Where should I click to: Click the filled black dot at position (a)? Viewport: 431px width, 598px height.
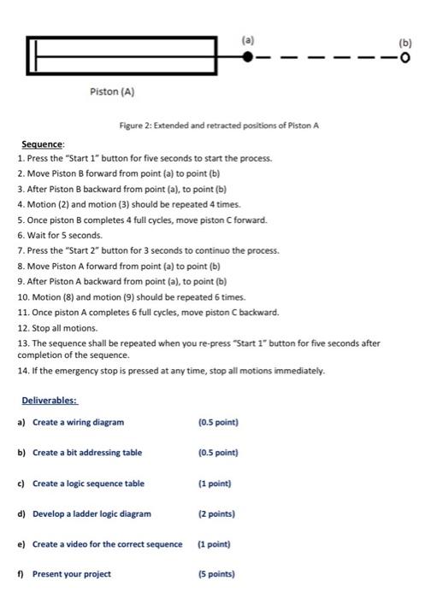coord(248,57)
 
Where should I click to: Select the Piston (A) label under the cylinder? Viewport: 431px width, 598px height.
coord(113,91)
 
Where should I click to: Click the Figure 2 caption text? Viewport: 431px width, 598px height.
coord(219,126)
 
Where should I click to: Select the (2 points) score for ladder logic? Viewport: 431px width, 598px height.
coord(217,513)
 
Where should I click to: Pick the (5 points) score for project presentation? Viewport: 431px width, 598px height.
coord(217,574)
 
